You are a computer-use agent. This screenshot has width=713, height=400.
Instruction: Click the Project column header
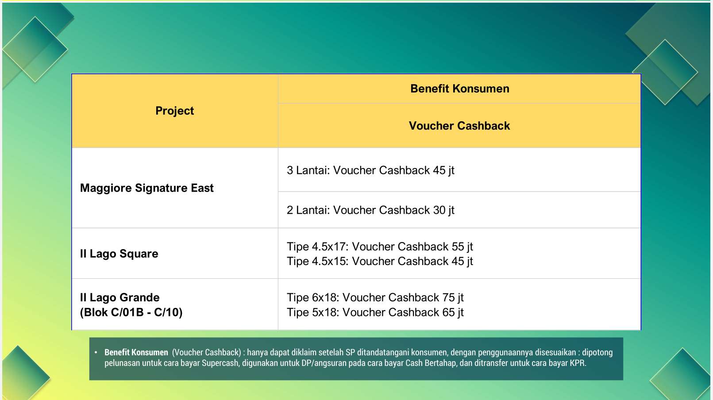[174, 111]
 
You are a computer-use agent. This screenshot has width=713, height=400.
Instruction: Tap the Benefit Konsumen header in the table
[460, 88]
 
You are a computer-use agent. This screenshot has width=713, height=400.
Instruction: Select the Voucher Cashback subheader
[459, 126]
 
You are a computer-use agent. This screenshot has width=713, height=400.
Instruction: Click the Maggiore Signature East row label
[147, 188]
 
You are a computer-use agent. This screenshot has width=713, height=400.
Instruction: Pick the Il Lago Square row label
[119, 254]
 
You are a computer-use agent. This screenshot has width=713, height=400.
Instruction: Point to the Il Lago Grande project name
[119, 297]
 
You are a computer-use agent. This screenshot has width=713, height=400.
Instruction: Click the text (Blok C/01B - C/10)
[131, 312]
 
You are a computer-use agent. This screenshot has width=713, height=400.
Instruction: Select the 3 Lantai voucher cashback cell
[370, 170]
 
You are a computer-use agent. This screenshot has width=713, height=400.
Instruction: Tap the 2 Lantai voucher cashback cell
[370, 210]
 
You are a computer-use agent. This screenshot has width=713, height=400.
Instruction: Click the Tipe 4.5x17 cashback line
[380, 246]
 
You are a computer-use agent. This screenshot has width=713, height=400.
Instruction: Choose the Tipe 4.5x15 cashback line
[380, 261]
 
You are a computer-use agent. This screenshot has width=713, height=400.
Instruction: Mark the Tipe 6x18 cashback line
[375, 297]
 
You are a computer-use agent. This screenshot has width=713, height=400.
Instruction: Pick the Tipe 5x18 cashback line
[375, 312]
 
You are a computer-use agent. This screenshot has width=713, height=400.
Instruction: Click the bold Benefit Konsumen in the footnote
[136, 352]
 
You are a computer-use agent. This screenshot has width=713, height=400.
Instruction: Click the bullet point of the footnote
[96, 352]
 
